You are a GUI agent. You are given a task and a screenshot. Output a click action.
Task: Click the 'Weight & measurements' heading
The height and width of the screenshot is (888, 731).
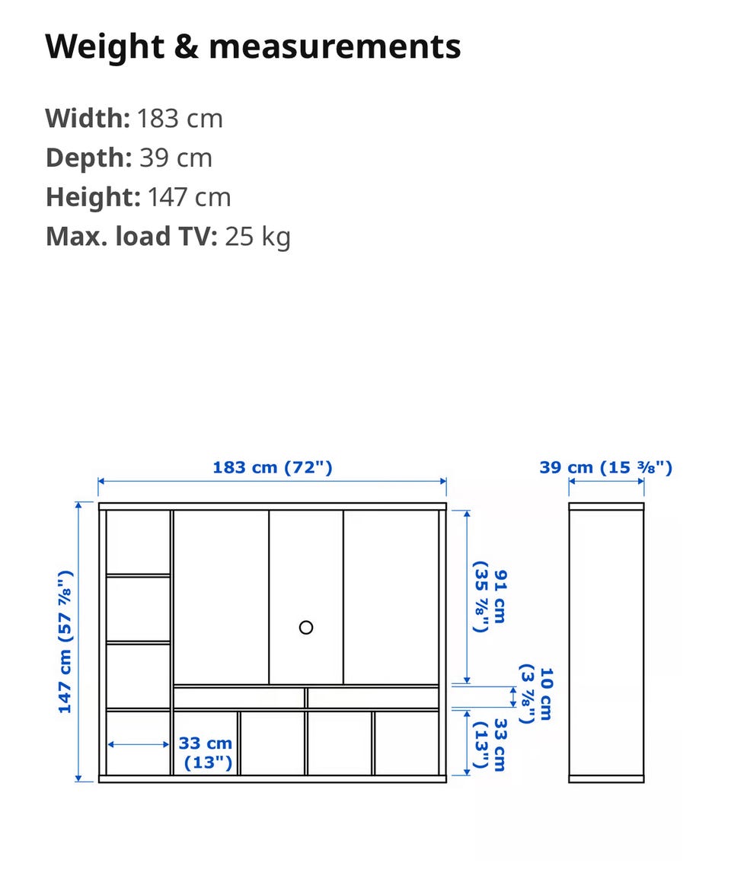point(253,47)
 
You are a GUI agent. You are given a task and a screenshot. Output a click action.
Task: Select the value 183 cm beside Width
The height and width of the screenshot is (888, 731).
point(180,119)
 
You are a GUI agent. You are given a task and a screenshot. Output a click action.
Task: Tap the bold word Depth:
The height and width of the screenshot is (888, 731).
point(88,158)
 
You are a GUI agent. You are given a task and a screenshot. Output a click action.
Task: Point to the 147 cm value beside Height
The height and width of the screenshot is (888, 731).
point(190,198)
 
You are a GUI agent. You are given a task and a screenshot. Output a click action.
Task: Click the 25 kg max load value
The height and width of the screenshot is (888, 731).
point(258,237)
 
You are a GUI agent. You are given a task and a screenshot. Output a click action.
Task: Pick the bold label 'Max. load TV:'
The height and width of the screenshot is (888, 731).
point(132,237)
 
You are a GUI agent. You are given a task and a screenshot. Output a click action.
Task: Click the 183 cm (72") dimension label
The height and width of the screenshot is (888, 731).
point(273,468)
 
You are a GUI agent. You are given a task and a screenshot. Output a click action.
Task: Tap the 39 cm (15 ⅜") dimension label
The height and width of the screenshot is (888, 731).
point(606,468)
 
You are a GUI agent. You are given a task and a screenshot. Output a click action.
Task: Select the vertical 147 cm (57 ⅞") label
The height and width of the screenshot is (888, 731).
point(65,641)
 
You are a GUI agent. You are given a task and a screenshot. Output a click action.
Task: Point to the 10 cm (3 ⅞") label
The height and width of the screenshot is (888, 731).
point(536,694)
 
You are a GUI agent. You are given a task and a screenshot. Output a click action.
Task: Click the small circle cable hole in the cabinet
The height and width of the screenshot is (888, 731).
point(306,628)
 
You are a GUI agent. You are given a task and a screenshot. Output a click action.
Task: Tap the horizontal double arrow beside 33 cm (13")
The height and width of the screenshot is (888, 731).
point(139,744)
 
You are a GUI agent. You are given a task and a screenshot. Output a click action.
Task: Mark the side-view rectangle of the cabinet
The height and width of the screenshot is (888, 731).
point(606,642)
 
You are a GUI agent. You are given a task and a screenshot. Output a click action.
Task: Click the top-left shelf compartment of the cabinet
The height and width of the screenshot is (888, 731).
point(139,542)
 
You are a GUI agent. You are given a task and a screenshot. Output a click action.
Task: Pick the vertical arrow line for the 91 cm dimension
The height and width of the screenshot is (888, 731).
point(467,597)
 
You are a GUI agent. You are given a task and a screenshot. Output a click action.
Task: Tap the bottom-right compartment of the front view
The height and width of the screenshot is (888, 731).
point(407,743)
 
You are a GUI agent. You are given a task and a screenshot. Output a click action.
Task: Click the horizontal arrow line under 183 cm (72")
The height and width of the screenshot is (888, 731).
point(272,482)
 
